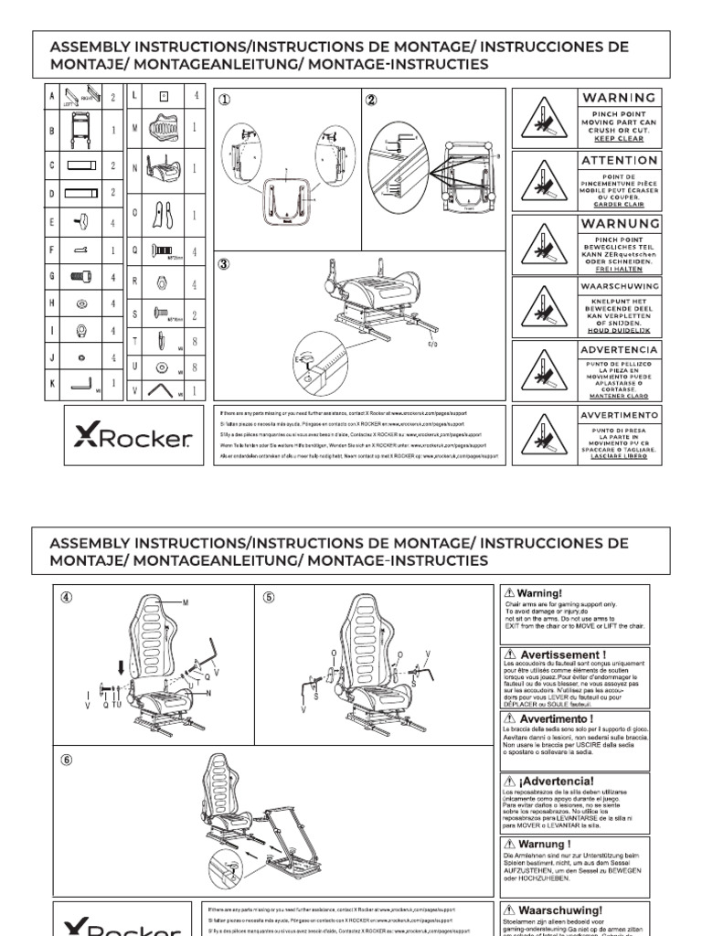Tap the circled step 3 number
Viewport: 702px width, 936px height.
(x=224, y=265)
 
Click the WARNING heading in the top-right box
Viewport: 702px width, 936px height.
(x=619, y=98)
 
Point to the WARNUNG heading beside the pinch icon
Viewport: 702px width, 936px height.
(x=619, y=224)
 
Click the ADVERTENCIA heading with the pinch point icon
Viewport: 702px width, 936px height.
(x=619, y=350)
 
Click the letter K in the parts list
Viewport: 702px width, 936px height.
(x=52, y=385)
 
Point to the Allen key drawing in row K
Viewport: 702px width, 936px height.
(x=84, y=385)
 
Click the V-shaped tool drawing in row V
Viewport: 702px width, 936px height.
(x=164, y=391)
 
